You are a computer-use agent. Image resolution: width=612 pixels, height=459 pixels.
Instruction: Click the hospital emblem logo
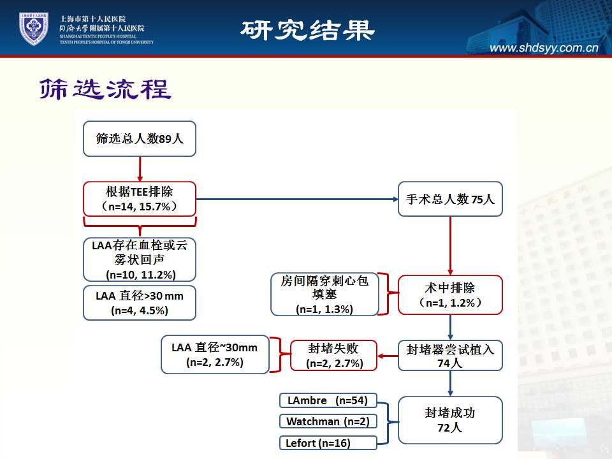click(33, 29)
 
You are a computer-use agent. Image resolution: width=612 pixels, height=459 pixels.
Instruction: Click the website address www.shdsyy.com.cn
click(544, 48)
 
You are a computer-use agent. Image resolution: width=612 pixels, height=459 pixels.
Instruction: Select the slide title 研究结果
click(307, 29)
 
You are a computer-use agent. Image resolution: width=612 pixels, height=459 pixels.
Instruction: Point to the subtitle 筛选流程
click(105, 89)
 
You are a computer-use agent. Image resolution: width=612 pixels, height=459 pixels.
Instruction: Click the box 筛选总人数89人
click(140, 138)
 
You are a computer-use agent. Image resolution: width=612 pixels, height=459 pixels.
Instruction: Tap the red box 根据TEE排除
click(140, 198)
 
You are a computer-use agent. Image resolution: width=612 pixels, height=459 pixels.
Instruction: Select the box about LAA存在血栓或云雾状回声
click(140, 259)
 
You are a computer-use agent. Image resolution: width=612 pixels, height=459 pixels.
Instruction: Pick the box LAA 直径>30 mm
click(140, 303)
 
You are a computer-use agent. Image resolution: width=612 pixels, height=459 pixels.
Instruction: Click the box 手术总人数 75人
click(450, 200)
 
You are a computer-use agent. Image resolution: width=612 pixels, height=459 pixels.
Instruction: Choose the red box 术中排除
click(450, 295)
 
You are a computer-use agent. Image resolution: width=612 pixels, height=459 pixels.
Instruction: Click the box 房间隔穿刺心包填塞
click(324, 295)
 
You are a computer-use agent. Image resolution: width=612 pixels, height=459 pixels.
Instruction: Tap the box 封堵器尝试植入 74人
click(450, 356)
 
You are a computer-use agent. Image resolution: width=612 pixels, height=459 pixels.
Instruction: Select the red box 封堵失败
click(333, 356)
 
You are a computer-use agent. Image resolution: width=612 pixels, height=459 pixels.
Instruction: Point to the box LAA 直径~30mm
click(215, 354)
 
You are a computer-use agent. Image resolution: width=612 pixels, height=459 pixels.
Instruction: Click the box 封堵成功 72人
click(450, 420)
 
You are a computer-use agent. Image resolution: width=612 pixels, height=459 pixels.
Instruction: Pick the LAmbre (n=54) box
click(328, 400)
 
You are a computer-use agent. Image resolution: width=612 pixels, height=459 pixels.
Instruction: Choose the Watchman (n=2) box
click(328, 421)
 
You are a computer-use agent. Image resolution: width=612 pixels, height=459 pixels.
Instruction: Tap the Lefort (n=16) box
click(328, 442)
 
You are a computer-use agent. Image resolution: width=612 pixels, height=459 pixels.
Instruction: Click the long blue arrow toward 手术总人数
click(296, 200)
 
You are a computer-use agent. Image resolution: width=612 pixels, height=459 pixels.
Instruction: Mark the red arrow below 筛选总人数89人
click(140, 169)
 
